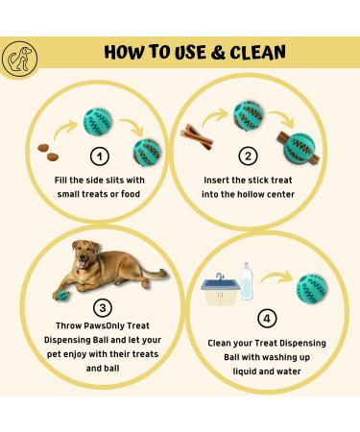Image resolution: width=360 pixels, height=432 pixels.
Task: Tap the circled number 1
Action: [98, 155]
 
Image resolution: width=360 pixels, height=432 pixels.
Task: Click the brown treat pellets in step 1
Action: [47, 150]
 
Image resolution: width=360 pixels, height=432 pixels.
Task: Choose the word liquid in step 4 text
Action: [230, 370]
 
